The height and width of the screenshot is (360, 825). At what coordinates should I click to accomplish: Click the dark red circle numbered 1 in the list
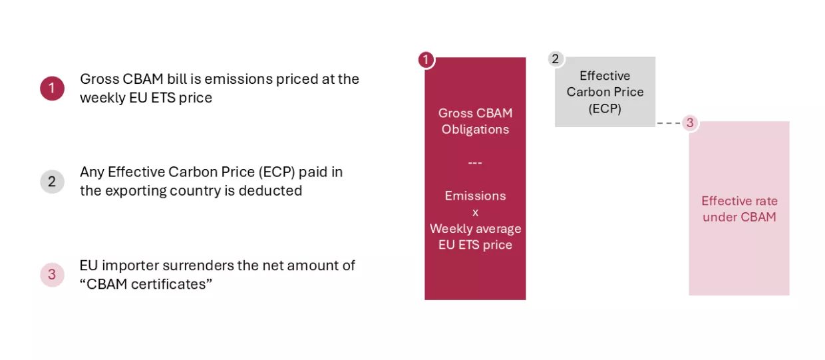coord(53,89)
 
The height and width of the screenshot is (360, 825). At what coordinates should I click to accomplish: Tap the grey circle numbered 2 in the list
coord(53,181)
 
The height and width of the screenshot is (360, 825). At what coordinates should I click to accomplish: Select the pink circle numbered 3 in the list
coord(53,275)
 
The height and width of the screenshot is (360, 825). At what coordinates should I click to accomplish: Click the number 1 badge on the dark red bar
coord(426,60)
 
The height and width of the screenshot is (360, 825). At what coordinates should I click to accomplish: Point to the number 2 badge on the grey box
coord(556,59)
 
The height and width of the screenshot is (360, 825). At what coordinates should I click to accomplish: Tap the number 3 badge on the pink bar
coord(690,122)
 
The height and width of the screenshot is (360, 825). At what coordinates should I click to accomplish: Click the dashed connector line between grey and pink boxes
coord(669,123)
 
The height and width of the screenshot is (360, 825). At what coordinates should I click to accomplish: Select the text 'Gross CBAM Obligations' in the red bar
coord(476,121)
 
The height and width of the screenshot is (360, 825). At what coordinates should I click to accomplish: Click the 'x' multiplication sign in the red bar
coord(476,213)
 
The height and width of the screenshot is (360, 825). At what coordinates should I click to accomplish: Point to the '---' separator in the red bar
coord(475,162)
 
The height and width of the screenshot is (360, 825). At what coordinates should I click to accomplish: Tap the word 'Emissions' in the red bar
coord(476,196)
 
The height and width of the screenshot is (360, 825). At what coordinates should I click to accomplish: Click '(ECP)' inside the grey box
coord(605,108)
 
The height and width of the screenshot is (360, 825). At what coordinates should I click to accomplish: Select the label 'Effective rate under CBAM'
coord(740,209)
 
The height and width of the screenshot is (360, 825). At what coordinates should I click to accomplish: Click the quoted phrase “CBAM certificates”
coord(146,284)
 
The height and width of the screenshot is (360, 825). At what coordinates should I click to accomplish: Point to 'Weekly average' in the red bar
coord(476,229)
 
